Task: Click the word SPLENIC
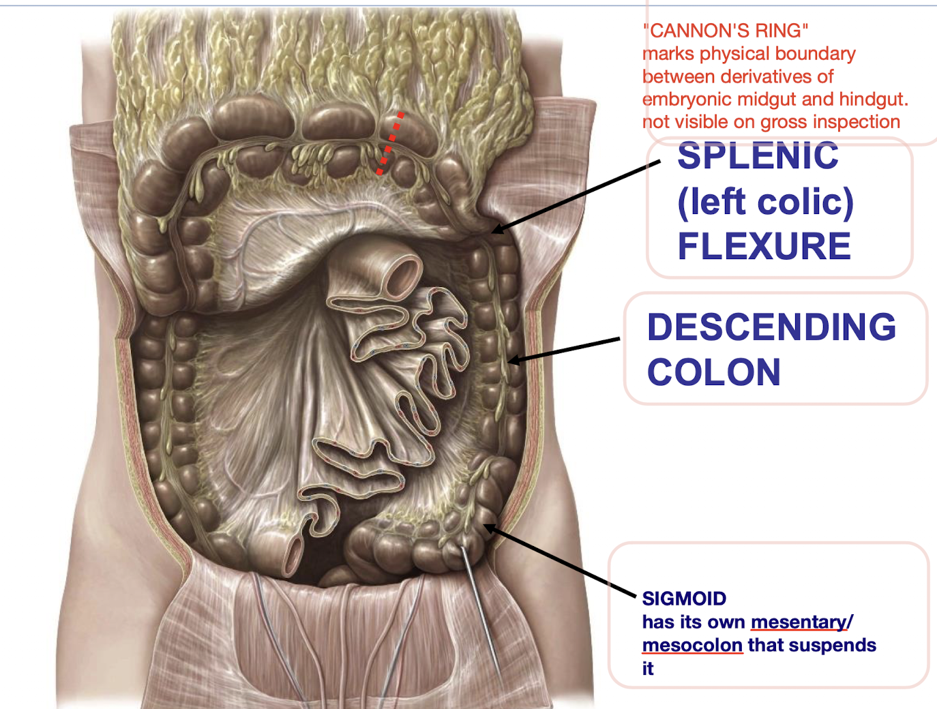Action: [x=758, y=156]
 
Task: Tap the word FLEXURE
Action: [x=764, y=246]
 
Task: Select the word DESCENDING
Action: [x=771, y=327]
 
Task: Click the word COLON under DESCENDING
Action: [x=713, y=372]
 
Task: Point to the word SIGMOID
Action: [x=684, y=599]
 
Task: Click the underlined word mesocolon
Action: [x=692, y=645]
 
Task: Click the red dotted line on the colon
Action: [x=390, y=143]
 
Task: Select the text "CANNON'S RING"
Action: [x=726, y=31]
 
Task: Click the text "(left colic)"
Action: [x=764, y=202]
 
